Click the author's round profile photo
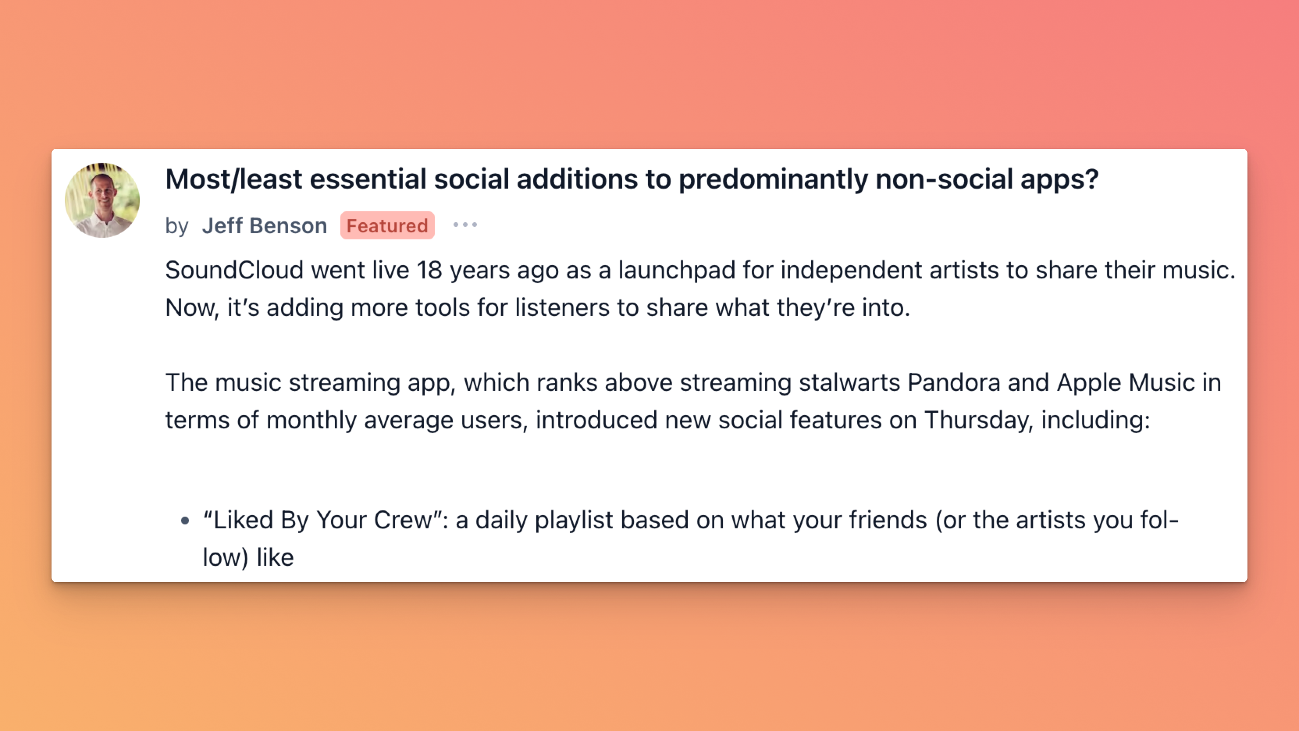click(x=102, y=200)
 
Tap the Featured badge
click(x=387, y=225)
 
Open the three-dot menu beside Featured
click(x=465, y=225)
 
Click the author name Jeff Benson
click(x=265, y=225)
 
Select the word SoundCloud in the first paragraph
click(x=235, y=270)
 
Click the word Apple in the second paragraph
click(x=1089, y=383)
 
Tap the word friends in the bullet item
click(x=888, y=520)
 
